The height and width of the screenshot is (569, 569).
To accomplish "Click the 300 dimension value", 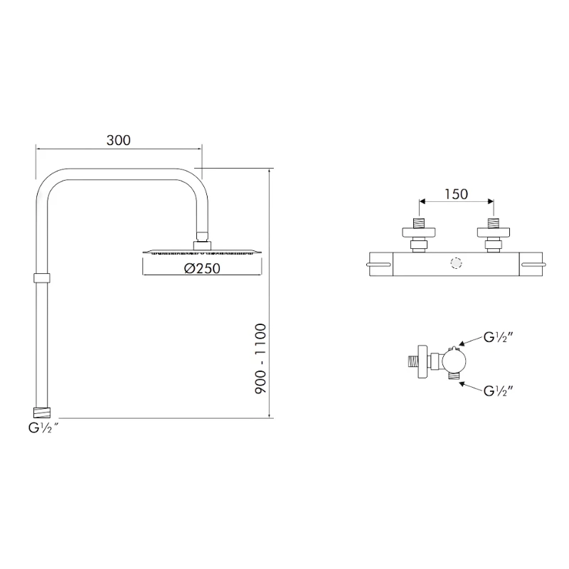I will (119, 140).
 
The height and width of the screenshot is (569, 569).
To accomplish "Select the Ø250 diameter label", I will (201, 268).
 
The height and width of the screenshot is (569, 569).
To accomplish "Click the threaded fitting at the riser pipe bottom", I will (43, 412).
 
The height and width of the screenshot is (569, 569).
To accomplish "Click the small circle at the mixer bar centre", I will (455, 265).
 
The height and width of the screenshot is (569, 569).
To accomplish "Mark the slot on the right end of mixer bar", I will (534, 265).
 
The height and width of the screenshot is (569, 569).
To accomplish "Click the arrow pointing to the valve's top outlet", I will (470, 343).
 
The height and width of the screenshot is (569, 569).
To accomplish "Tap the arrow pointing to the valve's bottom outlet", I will (470, 383).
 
